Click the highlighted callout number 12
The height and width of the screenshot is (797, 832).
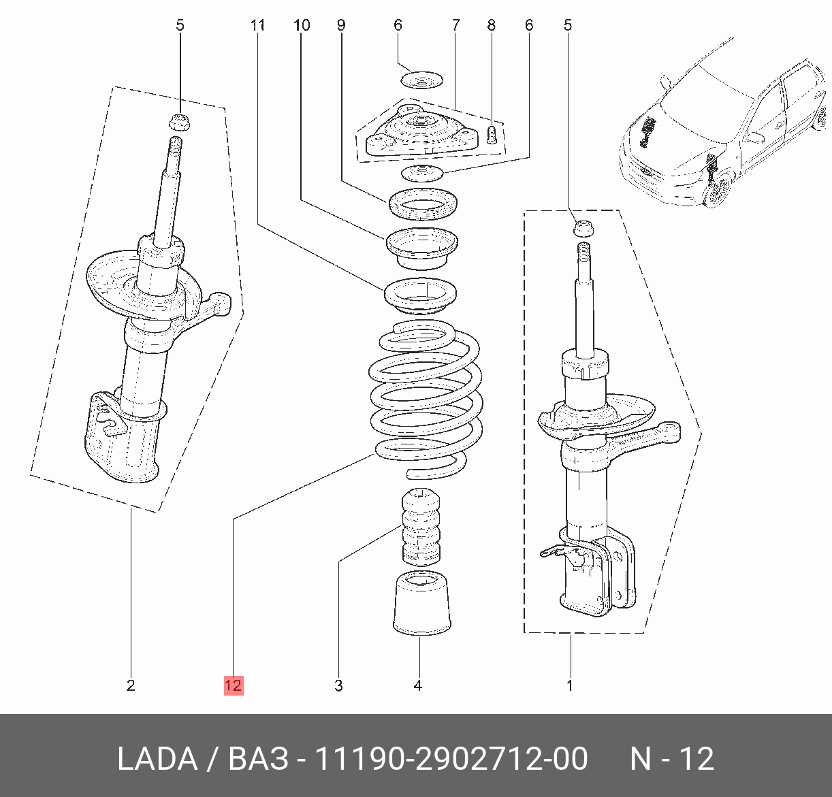[234, 685]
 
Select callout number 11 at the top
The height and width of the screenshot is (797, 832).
[257, 25]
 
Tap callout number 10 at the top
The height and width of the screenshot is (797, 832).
[302, 25]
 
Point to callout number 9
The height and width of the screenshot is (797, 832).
[340, 25]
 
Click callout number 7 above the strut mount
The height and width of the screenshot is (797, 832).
[455, 25]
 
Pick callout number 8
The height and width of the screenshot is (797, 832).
[492, 25]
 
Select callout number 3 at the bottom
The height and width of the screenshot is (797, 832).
[338, 685]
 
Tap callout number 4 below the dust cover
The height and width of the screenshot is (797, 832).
[418, 685]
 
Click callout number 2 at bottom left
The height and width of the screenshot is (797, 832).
[131, 685]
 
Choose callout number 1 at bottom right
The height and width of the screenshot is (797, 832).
[569, 685]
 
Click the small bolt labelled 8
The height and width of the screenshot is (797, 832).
[492, 134]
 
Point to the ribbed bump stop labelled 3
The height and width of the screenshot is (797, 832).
[421, 527]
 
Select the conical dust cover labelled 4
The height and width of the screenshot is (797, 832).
[421, 603]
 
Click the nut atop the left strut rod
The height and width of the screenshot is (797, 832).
[180, 123]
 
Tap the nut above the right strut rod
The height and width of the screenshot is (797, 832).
[583, 228]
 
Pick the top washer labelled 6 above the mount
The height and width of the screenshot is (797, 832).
[421, 80]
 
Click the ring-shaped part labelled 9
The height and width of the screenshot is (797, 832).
[422, 204]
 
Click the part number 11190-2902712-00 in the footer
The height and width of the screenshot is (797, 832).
[451, 758]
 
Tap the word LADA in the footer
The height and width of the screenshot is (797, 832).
[157, 758]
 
